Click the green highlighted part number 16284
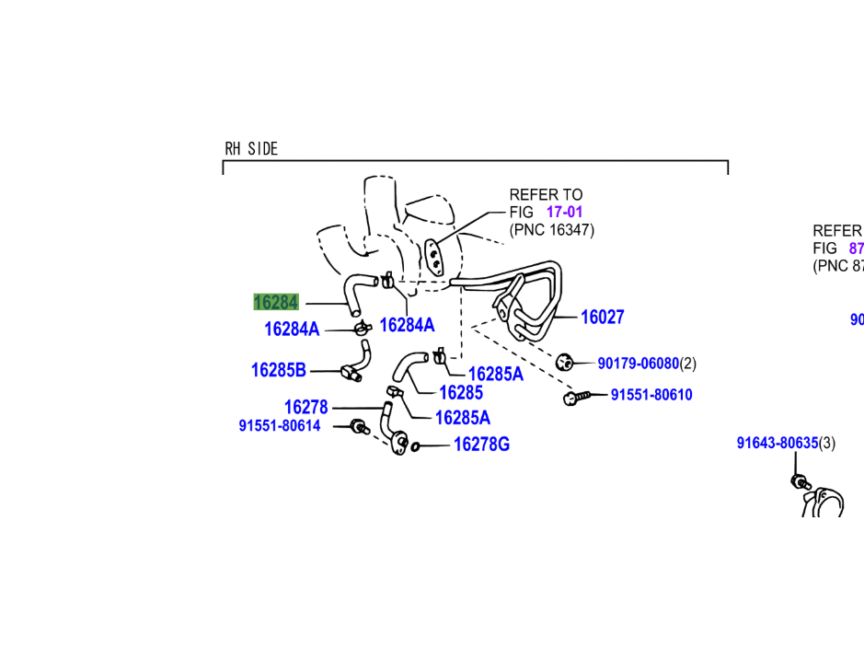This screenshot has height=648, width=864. click(276, 302)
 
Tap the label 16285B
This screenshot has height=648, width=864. click(278, 370)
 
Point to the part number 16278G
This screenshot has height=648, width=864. click(481, 445)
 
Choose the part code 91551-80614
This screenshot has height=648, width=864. click(280, 426)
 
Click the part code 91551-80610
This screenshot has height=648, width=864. click(651, 395)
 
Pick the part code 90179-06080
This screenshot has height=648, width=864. click(638, 364)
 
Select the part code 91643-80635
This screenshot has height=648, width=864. click(777, 443)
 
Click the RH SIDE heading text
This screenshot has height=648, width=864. click(251, 148)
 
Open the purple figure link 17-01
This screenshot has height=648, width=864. click(564, 212)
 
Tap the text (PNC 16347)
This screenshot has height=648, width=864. click(552, 230)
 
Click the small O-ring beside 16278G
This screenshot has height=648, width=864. click(416, 446)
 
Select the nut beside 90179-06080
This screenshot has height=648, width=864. click(566, 361)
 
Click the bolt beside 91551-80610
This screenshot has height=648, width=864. click(574, 397)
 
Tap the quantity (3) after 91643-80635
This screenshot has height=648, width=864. click(827, 443)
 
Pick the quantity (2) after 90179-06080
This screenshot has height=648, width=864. click(688, 364)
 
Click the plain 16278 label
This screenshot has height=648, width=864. click(305, 407)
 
